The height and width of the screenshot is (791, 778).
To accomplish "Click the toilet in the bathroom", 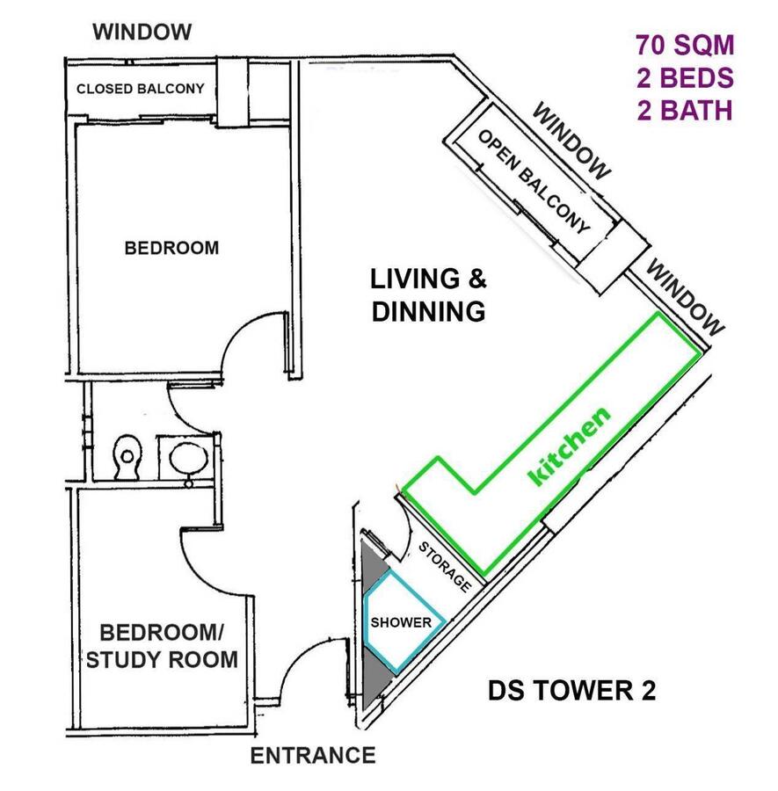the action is pos(127,457).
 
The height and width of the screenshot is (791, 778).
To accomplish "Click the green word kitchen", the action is pos(569,446).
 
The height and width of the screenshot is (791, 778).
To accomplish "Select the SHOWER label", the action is pos(401,622).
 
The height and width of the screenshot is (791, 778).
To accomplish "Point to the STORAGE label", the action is pos(445,567).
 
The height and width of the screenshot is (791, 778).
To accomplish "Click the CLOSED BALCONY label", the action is pos(141,89).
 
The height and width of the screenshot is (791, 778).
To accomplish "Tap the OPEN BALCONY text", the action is pos(534,181).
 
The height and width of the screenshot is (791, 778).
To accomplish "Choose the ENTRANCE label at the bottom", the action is pos(313,756).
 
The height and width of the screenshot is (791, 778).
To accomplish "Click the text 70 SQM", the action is pos(685,45).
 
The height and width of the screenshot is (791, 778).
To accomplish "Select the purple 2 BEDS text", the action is pos(685,77).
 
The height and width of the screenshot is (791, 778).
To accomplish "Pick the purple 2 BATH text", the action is pos(685,111).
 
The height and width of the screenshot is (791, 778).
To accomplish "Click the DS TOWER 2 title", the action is pos(571,690).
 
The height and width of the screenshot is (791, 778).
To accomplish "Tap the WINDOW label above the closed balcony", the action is pos(142,32).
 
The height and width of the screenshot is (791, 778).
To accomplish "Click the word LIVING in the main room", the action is pos(415,279).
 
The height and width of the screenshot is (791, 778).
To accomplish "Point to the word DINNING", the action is pos(428,312).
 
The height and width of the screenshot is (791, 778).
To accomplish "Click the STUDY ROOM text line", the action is pos(162,660).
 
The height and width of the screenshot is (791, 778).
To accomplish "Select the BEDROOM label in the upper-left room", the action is pos(171,248).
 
